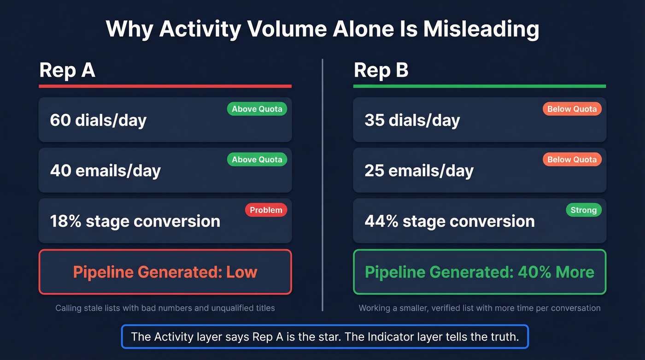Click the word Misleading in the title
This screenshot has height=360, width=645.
pos(481,30)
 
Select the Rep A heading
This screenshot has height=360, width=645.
pos(67,71)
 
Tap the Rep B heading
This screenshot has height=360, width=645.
pos(381,71)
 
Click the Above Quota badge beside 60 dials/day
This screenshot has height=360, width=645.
pos(257,109)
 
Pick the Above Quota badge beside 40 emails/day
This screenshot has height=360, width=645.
pos(257,159)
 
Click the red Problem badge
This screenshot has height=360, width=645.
pos(266,210)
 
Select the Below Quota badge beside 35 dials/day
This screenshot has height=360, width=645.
pos(572,109)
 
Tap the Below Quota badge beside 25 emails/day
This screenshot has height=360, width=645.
pos(572,159)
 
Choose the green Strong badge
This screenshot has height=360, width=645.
pos(583,210)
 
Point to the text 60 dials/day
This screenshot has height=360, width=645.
pos(98,120)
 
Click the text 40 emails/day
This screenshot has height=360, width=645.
pos(105,171)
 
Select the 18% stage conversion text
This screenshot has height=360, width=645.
pos(135,221)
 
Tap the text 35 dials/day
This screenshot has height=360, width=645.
pos(412,120)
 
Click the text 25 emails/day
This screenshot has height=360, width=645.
pos(419,171)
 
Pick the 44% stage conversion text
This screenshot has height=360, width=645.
pos(450,221)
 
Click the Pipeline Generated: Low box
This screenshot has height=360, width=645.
pos(165,272)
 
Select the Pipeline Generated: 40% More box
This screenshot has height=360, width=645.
pos(479,272)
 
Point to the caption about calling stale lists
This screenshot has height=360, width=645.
pos(165,308)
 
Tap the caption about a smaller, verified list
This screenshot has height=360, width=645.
pos(480,308)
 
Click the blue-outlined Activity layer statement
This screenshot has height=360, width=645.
pos(325,336)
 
